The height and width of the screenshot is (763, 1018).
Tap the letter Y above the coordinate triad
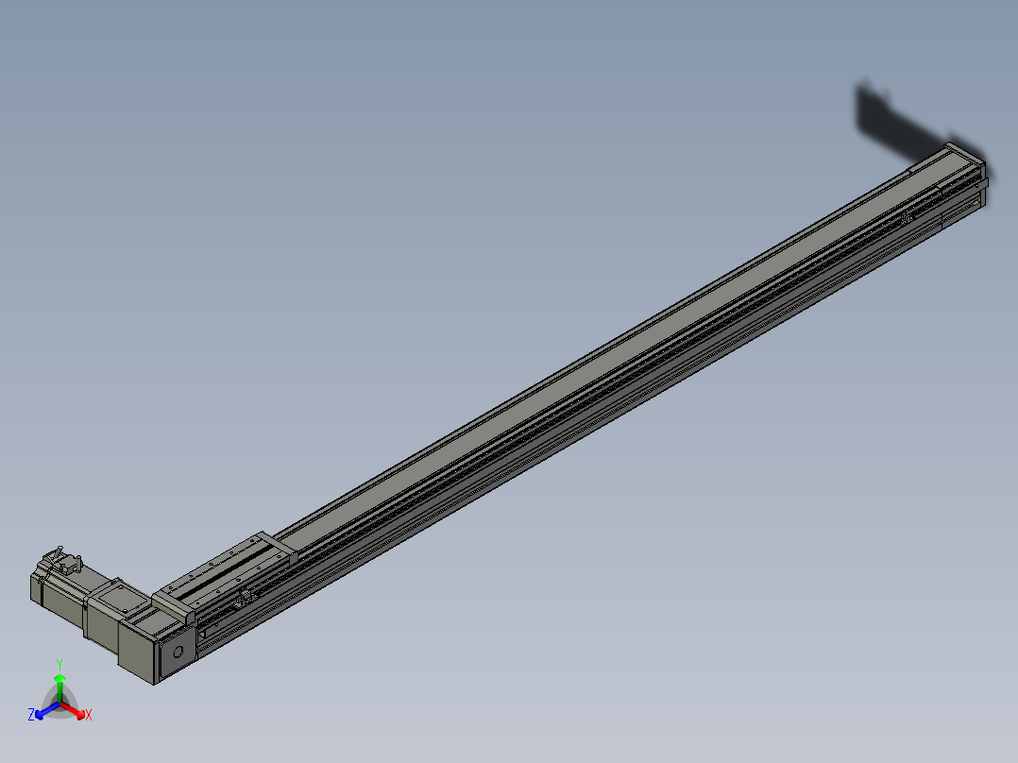coord(59,664)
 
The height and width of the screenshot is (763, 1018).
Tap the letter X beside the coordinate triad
coord(89,716)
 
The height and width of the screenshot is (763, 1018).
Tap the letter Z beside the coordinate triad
coord(31,715)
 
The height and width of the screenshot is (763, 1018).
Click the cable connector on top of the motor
coord(65,565)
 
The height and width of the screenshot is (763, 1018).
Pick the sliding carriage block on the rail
coord(227,570)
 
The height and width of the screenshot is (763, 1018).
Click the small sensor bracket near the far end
coord(907,219)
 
